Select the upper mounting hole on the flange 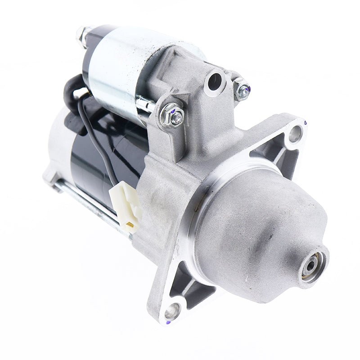coord(295,133)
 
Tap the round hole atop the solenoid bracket coord(215,81)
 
